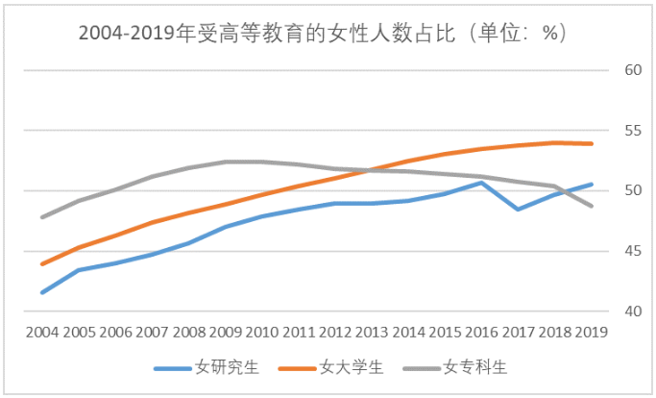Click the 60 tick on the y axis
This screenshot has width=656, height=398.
pyautogui.click(x=632, y=70)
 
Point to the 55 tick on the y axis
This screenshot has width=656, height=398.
pyautogui.click(x=632, y=130)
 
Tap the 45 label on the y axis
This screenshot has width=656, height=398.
pyautogui.click(x=632, y=251)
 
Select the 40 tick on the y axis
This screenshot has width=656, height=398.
pyautogui.click(x=632, y=311)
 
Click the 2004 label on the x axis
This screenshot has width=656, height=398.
pyautogui.click(x=42, y=332)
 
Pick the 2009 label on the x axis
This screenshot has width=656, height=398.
pyautogui.click(x=226, y=332)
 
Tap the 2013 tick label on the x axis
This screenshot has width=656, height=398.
pyautogui.click(x=372, y=332)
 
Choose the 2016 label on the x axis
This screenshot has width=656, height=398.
pyautogui.click(x=482, y=332)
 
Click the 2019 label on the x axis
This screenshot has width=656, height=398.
pyautogui.click(x=592, y=332)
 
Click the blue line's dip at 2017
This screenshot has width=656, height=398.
pyautogui.click(x=519, y=209)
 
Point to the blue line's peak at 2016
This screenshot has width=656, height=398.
pyautogui.click(x=482, y=182)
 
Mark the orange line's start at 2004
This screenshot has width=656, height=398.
pyautogui.click(x=42, y=263)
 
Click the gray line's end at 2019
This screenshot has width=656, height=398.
pyautogui.click(x=592, y=206)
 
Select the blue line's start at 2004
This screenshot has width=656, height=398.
pyautogui.click(x=42, y=292)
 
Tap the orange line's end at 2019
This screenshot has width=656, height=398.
pyautogui.click(x=592, y=143)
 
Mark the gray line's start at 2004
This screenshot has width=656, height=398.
pyautogui.click(x=42, y=217)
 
